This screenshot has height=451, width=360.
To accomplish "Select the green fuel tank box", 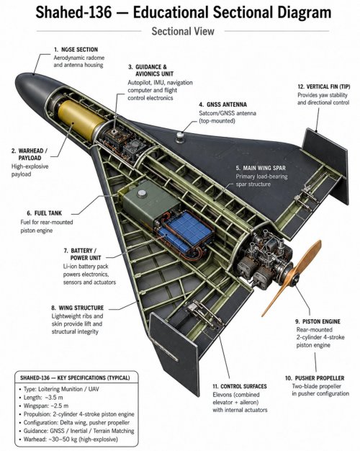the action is [x=150, y=204].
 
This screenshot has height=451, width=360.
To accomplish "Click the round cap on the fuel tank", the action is [x=142, y=194].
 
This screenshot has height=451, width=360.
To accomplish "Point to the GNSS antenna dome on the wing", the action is [x=180, y=137].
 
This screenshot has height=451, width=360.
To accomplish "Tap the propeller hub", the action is [x=294, y=279].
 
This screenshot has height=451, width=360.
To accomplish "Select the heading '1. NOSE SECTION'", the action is [x=76, y=50].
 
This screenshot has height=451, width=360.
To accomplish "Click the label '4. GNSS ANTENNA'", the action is [x=223, y=104].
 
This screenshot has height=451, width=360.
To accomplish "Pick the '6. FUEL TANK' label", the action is [x=44, y=213].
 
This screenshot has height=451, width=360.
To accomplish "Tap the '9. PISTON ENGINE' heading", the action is [x=318, y=321].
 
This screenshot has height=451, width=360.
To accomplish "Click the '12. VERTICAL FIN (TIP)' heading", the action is [x=324, y=86].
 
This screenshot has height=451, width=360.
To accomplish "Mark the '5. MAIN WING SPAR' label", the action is [x=261, y=168].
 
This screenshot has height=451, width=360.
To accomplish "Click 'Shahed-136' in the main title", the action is [x=73, y=12].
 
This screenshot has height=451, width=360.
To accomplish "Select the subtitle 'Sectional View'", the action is [x=183, y=31].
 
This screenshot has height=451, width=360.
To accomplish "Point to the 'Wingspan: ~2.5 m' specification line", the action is [x=46, y=406].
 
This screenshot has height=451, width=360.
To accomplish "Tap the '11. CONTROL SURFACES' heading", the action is [x=240, y=386].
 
